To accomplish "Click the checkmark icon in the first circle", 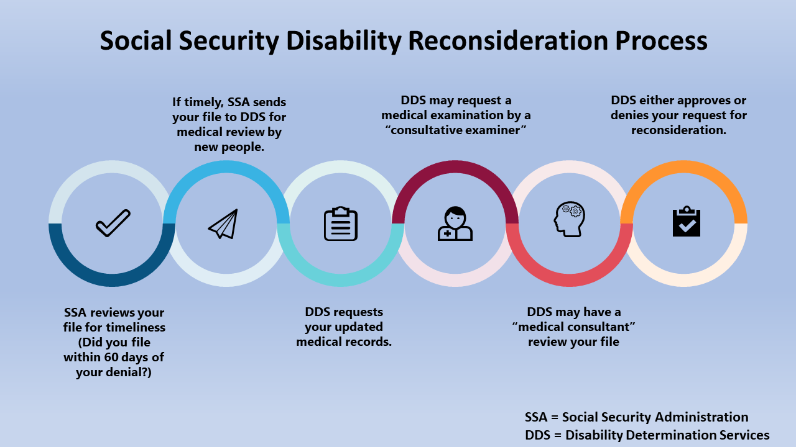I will pyautogui.click(x=113, y=223).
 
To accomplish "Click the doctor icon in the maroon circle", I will pyautogui.click(x=455, y=223).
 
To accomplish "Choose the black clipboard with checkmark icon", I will pyautogui.click(x=687, y=222).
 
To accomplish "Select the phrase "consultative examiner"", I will pyautogui.click(x=456, y=130).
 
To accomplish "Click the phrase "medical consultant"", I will pyautogui.click(x=573, y=327).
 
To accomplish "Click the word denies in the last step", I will pyautogui.click(x=629, y=115).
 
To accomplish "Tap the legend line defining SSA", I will pyautogui.click(x=636, y=417).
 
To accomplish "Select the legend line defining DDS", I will pyautogui.click(x=647, y=435).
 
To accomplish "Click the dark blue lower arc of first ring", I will pyautogui.click(x=112, y=279).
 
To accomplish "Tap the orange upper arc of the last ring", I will pyautogui.click(x=684, y=168).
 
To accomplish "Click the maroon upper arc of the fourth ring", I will pyautogui.click(x=455, y=168).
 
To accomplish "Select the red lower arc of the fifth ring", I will pyautogui.click(x=570, y=279).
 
